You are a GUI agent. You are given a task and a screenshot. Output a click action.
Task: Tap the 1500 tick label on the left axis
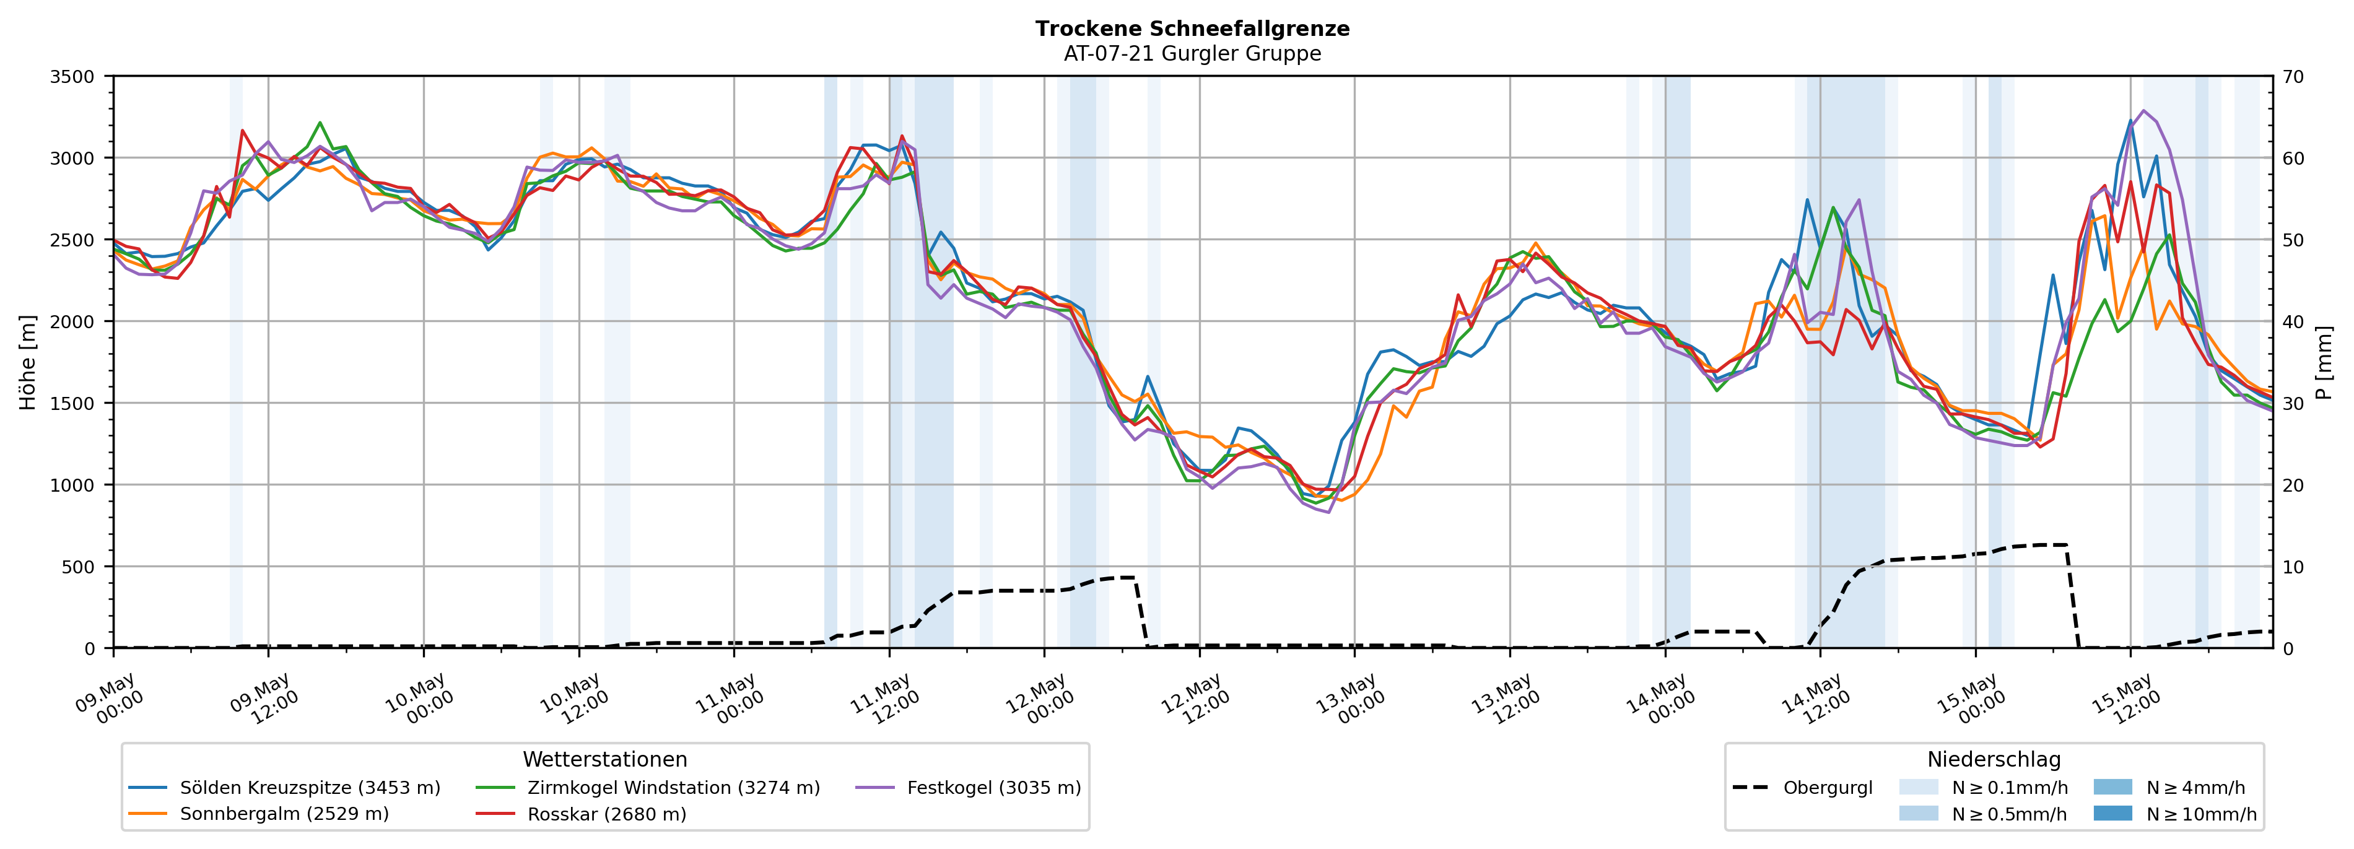pos(72,403)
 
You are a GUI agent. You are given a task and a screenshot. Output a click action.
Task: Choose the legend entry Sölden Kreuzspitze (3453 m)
pos(284,788)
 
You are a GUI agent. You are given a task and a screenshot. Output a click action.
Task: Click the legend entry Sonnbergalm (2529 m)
pos(259,814)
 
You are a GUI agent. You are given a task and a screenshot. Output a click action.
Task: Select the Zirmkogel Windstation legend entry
pos(648,788)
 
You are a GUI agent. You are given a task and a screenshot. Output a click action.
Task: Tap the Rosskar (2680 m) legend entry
pos(581,814)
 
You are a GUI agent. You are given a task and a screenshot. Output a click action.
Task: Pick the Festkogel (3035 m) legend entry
pos(969,788)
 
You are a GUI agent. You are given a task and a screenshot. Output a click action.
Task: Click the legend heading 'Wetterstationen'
pos(605,759)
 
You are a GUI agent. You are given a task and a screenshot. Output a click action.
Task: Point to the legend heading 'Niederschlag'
pos(1994,759)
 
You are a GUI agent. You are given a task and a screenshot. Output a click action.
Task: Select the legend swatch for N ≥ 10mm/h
pos(2112,813)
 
